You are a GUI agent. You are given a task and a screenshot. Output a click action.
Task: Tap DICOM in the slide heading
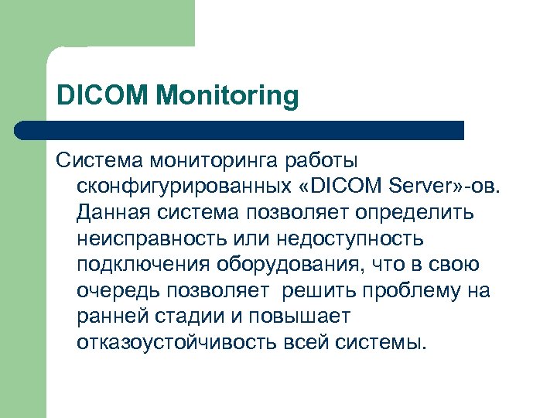[103, 97]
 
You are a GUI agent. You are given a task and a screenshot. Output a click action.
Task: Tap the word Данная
[114, 212]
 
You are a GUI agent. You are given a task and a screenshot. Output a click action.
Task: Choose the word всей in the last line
[305, 341]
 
